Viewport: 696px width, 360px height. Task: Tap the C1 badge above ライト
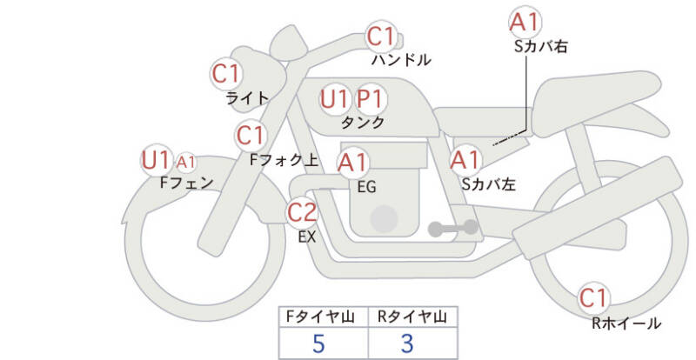227,74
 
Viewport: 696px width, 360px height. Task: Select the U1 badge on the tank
335,99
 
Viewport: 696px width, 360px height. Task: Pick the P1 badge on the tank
372,99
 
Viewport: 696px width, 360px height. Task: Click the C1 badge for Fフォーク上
251,136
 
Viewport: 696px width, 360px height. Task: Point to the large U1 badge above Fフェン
157,160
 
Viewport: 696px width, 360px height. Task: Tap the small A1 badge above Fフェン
186,162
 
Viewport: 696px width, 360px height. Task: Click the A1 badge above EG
353,162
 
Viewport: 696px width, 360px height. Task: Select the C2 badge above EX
303,211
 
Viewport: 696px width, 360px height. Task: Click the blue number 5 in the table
318,343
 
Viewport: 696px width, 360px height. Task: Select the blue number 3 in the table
407,343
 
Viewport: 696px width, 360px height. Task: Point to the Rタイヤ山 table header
407,317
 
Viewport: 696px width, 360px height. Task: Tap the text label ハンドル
401,61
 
